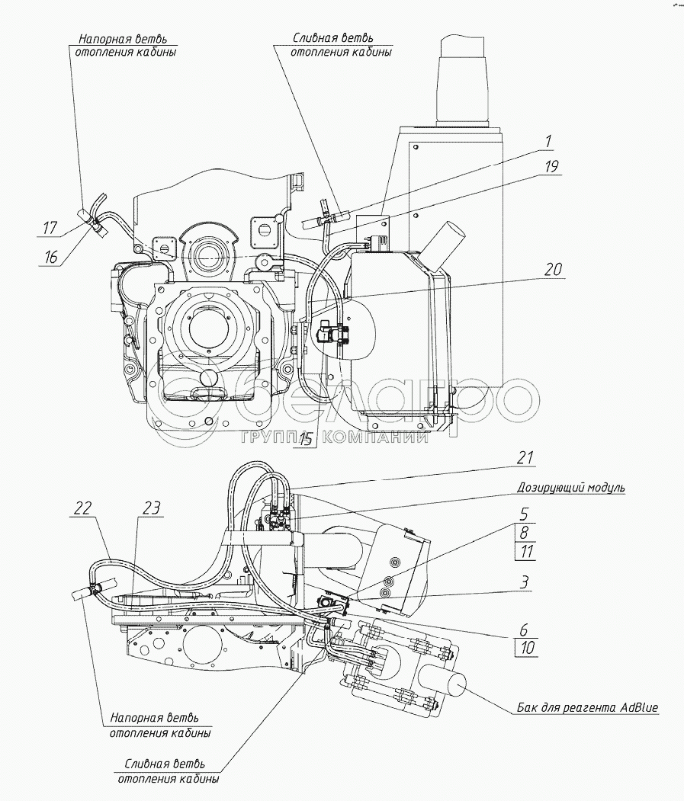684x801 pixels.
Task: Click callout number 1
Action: click(x=548, y=141)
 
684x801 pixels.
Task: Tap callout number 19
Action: click(x=551, y=167)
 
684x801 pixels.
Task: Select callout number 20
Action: click(x=553, y=269)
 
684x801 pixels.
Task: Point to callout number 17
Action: click(x=50, y=227)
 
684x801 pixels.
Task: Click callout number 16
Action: click(x=50, y=256)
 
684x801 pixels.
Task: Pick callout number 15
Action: click(x=306, y=439)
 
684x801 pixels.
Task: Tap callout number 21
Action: click(x=525, y=457)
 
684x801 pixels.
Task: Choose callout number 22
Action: click(x=82, y=508)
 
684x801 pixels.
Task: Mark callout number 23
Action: click(x=152, y=508)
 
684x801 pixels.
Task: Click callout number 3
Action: click(x=525, y=582)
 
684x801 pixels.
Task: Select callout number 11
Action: click(x=526, y=552)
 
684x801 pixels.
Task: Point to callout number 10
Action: click(x=527, y=648)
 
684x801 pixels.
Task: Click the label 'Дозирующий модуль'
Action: click(x=570, y=487)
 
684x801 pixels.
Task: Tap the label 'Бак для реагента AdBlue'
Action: click(x=587, y=708)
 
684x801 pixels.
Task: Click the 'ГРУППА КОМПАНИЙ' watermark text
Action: click(x=334, y=437)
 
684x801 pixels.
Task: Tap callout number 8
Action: click(x=525, y=533)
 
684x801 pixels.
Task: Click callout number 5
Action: click(x=525, y=514)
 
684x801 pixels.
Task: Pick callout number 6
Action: click(x=524, y=630)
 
